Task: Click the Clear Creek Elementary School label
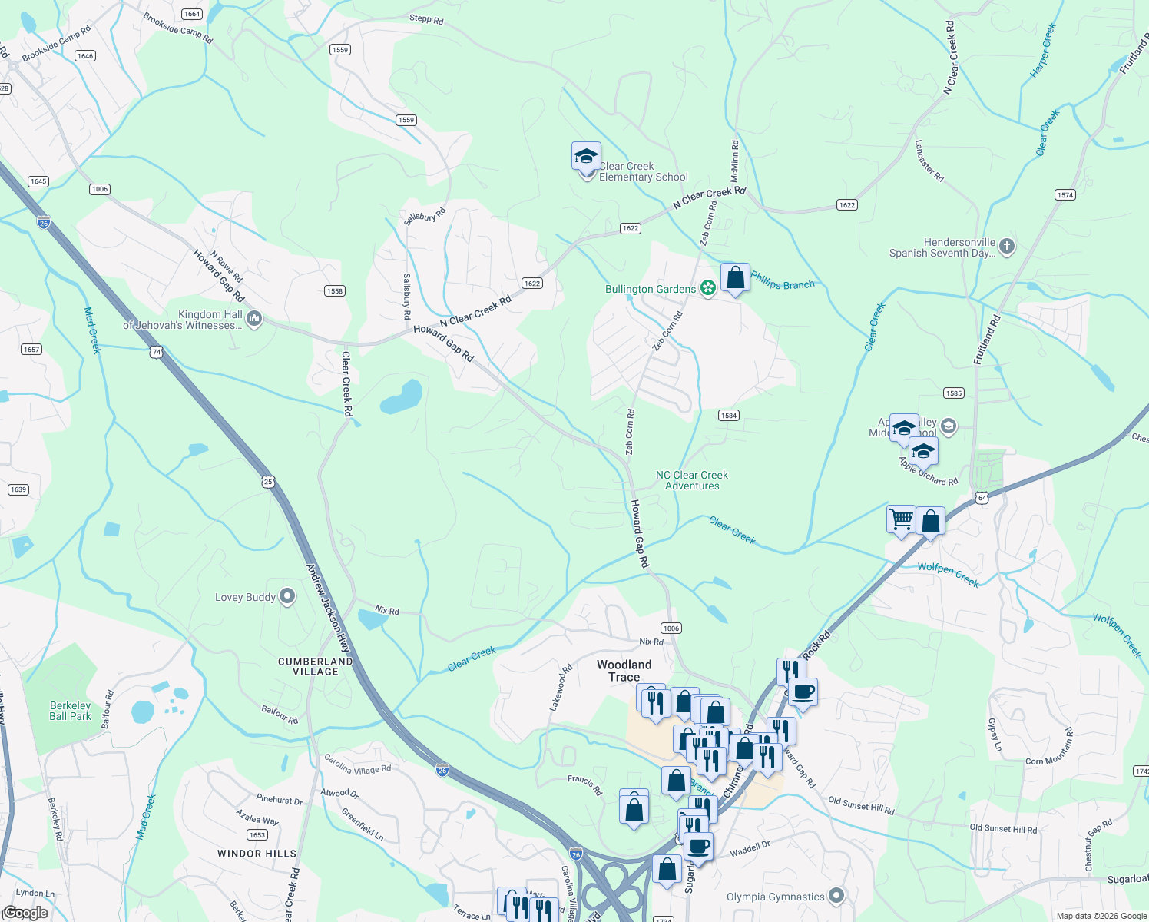tap(643, 171)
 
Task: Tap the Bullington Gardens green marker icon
tap(708, 289)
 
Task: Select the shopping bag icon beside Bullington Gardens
tap(735, 277)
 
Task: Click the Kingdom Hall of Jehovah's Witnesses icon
tap(254, 319)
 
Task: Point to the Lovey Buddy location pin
tap(287, 596)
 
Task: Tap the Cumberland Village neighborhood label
tap(316, 666)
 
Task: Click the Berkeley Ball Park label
tap(70, 711)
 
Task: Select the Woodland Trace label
tap(624, 671)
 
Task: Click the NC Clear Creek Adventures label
tap(692, 480)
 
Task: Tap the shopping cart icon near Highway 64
tap(901, 519)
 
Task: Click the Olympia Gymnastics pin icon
tap(836, 896)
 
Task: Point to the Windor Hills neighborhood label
tap(257, 854)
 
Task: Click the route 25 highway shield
tap(268, 482)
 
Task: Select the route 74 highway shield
tap(157, 352)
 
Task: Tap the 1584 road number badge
tap(728, 416)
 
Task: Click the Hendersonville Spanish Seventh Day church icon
tap(1007, 247)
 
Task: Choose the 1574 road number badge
tap(1065, 195)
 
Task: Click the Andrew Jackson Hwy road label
tap(329, 609)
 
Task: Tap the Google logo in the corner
tap(25, 913)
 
